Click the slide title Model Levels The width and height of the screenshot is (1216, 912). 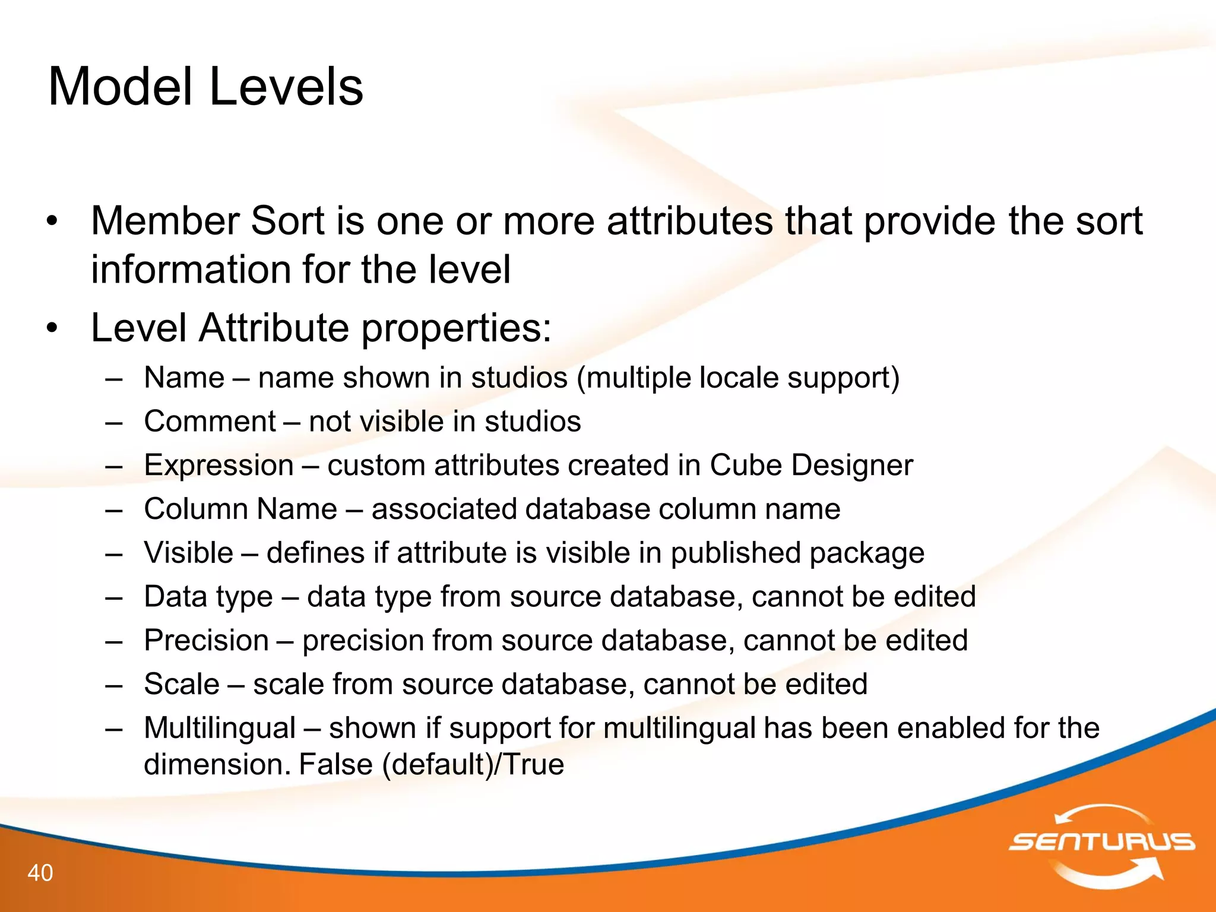tap(205, 87)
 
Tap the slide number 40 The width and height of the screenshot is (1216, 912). tap(40, 873)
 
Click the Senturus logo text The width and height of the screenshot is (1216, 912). tap(1102, 841)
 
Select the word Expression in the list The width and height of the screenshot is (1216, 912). tap(219, 465)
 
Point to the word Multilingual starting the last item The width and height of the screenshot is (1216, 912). tap(220, 728)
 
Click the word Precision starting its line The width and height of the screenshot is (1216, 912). tap(207, 641)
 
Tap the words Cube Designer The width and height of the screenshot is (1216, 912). tap(811, 465)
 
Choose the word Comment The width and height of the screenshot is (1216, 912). tap(210, 422)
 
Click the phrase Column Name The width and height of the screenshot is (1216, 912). tap(240, 509)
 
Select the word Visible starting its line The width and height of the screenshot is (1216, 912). tap(189, 553)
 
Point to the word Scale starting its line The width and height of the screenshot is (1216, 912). tap(182, 684)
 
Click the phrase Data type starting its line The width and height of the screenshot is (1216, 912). tap(208, 597)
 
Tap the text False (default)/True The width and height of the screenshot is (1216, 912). tap(431, 764)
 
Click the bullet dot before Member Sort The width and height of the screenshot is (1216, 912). tap(52, 221)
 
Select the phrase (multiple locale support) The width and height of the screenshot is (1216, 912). tap(738, 378)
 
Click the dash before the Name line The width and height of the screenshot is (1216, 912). tap(114, 378)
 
